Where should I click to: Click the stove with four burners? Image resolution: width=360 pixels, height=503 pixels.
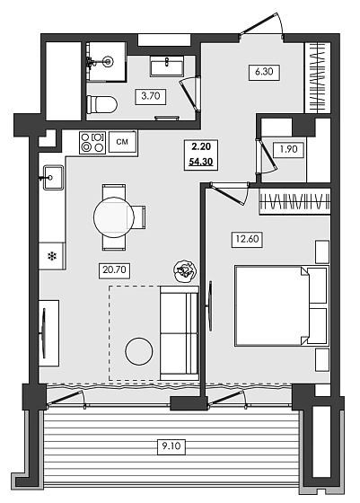92,141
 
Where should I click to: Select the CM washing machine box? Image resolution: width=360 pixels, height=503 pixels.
125,141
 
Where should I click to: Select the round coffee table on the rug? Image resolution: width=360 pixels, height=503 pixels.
139,350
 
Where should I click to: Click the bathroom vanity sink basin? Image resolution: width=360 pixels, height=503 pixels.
166,66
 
